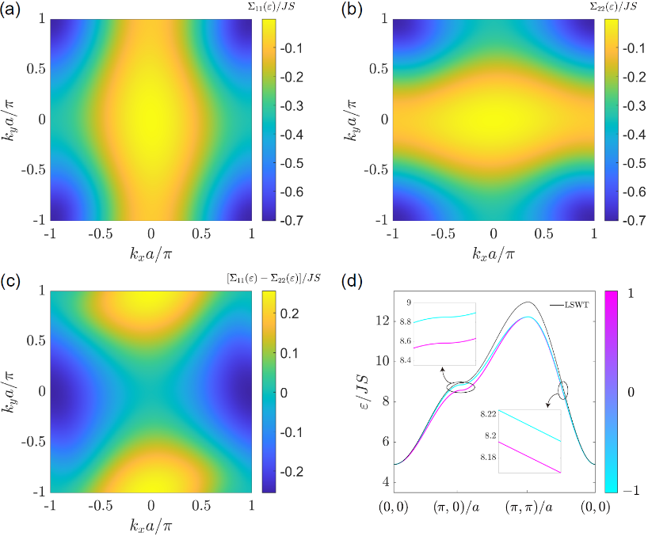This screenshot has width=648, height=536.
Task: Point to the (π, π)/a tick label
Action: tap(527, 506)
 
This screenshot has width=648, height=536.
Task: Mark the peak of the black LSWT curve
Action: tap(527, 302)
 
